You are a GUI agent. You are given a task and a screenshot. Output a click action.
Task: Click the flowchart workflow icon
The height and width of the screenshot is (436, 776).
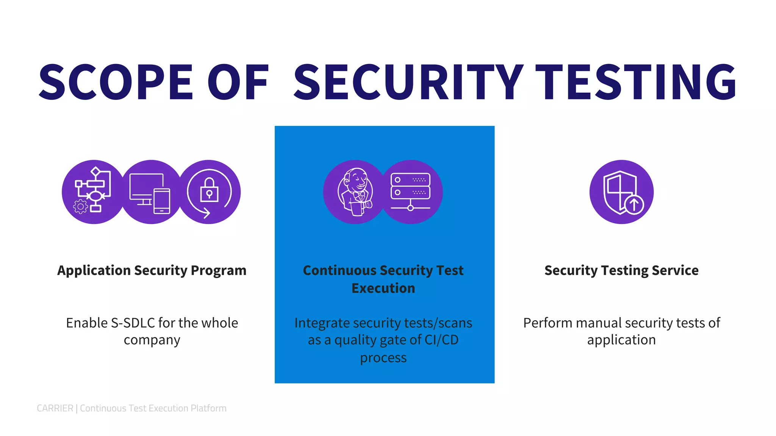point(93,192)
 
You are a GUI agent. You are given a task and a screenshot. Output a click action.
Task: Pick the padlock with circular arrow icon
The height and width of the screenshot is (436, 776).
point(209,192)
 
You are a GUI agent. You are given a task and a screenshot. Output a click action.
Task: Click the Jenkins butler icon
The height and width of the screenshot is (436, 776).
point(355,192)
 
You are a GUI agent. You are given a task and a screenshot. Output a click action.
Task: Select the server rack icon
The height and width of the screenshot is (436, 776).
point(410,192)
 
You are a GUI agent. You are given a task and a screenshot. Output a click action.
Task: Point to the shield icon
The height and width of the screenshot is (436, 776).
point(621,192)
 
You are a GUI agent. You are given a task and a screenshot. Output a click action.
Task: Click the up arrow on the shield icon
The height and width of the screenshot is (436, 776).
point(634,205)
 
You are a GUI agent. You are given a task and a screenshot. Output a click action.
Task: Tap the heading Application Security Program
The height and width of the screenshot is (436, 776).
point(152,270)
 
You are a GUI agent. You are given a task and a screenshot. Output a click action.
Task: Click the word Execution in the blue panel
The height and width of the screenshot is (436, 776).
point(383,288)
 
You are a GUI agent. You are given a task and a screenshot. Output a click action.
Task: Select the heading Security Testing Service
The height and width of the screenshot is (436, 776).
point(621,270)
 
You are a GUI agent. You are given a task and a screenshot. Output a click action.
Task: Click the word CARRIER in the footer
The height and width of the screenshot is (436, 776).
point(55,408)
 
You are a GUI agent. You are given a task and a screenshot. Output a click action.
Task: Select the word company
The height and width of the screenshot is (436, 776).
point(152,340)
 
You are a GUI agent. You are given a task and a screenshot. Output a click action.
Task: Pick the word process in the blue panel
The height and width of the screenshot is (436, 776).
point(383,358)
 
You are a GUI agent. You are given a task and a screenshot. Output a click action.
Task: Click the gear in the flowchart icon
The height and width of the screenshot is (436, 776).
point(80,207)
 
